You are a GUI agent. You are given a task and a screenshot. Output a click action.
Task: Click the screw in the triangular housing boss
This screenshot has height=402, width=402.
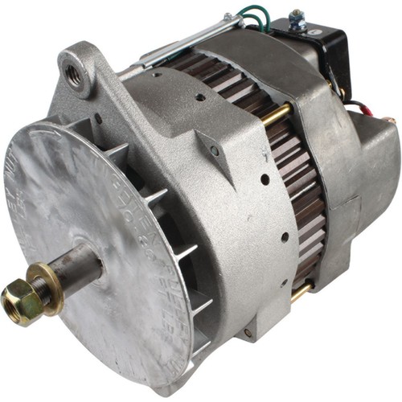pos(215,150)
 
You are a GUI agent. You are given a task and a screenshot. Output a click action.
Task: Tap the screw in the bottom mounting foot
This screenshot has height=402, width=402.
pos(247,332)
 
